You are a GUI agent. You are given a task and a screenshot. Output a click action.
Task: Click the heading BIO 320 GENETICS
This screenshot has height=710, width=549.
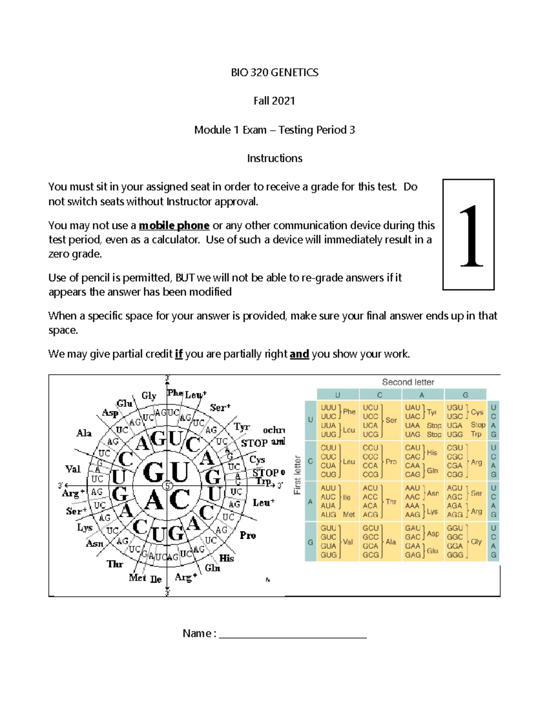pos(274,73)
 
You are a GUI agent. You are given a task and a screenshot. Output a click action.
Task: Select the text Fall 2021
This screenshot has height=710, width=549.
pos(274,101)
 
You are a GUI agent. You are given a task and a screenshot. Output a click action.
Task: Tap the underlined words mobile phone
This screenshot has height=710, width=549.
pos(174,225)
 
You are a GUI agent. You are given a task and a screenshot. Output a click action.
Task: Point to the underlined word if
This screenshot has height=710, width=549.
pos(178,354)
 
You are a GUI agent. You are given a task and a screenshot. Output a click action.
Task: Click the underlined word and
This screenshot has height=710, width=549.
pos(299,354)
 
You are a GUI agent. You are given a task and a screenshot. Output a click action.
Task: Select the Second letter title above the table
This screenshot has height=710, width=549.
pos(408,382)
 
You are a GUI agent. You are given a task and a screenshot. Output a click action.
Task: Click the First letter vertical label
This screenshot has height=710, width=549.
pos(297,475)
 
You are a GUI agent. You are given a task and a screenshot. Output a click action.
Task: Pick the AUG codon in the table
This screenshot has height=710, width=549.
pos(328,515)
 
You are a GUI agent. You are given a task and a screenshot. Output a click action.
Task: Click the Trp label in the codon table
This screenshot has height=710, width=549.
pos(476,434)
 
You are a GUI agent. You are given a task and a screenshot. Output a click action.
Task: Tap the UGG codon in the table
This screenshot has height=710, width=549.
pos(455,434)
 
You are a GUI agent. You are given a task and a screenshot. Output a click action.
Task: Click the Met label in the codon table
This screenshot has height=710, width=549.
pos(349,515)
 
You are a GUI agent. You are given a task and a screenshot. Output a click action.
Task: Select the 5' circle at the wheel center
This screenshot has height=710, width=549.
pos(167,486)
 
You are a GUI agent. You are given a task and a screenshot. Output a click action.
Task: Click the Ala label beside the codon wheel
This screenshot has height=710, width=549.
pos(84,433)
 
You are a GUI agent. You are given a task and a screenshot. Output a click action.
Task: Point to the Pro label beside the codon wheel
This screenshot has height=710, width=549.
pos(248,535)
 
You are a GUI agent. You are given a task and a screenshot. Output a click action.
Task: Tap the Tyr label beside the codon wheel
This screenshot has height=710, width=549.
pos(242,427)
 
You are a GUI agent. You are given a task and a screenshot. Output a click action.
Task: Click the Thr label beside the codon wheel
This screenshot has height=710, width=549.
pos(115,564)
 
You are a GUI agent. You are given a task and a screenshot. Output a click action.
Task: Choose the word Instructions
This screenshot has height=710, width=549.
pos(274,158)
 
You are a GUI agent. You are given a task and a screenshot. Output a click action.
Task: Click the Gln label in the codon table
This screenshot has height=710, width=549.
pos(432,470)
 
